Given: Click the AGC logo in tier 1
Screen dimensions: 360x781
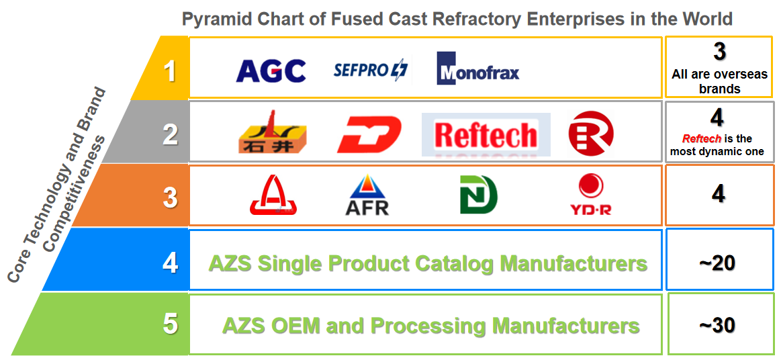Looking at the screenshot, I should click(x=271, y=71).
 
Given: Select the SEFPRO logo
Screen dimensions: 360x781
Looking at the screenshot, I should click(x=370, y=69).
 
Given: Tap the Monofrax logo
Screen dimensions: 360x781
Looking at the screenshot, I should click(x=477, y=69).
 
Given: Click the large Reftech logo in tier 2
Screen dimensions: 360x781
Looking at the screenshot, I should click(x=486, y=134).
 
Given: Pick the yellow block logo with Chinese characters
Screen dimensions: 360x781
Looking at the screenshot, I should click(x=272, y=133).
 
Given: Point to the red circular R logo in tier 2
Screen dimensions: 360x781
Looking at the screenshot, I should click(x=590, y=133).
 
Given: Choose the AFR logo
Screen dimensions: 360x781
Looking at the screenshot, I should click(x=367, y=195).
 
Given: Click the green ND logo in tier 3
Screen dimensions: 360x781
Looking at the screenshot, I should click(x=478, y=195).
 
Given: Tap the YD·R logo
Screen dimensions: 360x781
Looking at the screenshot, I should click(x=590, y=194).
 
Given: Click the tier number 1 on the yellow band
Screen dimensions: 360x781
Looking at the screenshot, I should click(x=170, y=71).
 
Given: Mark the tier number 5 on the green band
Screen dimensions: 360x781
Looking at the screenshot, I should click(x=171, y=324).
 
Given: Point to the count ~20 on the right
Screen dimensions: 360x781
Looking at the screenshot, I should click(x=717, y=263).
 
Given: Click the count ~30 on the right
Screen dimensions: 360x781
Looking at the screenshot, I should click(x=717, y=326).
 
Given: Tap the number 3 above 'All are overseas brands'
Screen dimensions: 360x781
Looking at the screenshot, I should click(x=719, y=52).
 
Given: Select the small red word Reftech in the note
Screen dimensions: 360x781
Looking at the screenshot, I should click(x=701, y=139).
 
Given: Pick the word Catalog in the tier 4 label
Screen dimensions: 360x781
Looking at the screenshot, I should click(x=453, y=263).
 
